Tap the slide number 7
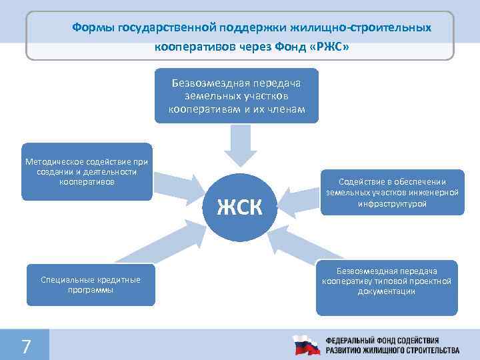(x=26, y=346)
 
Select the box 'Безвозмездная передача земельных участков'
(x=236, y=96)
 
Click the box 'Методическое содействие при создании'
(x=87, y=171)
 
